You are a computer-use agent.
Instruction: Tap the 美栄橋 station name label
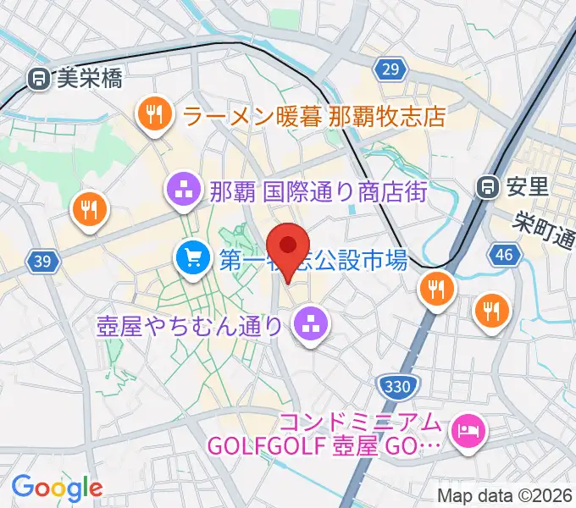(89, 80)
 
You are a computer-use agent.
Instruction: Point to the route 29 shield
(390, 70)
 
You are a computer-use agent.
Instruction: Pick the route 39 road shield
(43, 262)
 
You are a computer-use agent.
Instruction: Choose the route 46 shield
(506, 254)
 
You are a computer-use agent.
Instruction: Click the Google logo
(57, 487)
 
